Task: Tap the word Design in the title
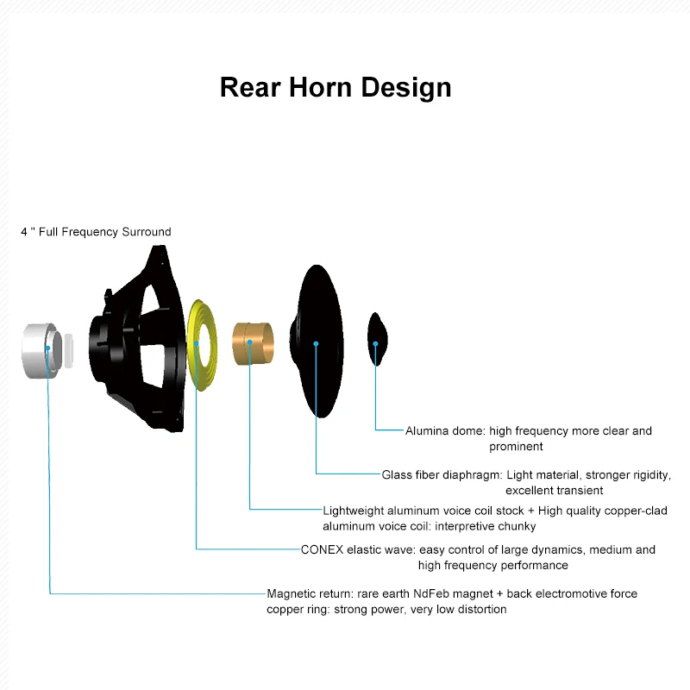pos(405,87)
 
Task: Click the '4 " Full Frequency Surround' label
pos(96,232)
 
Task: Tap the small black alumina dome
pos(378,332)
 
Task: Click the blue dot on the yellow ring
pos(198,342)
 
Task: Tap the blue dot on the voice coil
pos(249,342)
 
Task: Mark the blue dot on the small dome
pos(376,343)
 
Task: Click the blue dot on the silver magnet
pos(47,348)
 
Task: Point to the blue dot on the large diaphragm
pos(317,343)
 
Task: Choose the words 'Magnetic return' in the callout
pos(307,593)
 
